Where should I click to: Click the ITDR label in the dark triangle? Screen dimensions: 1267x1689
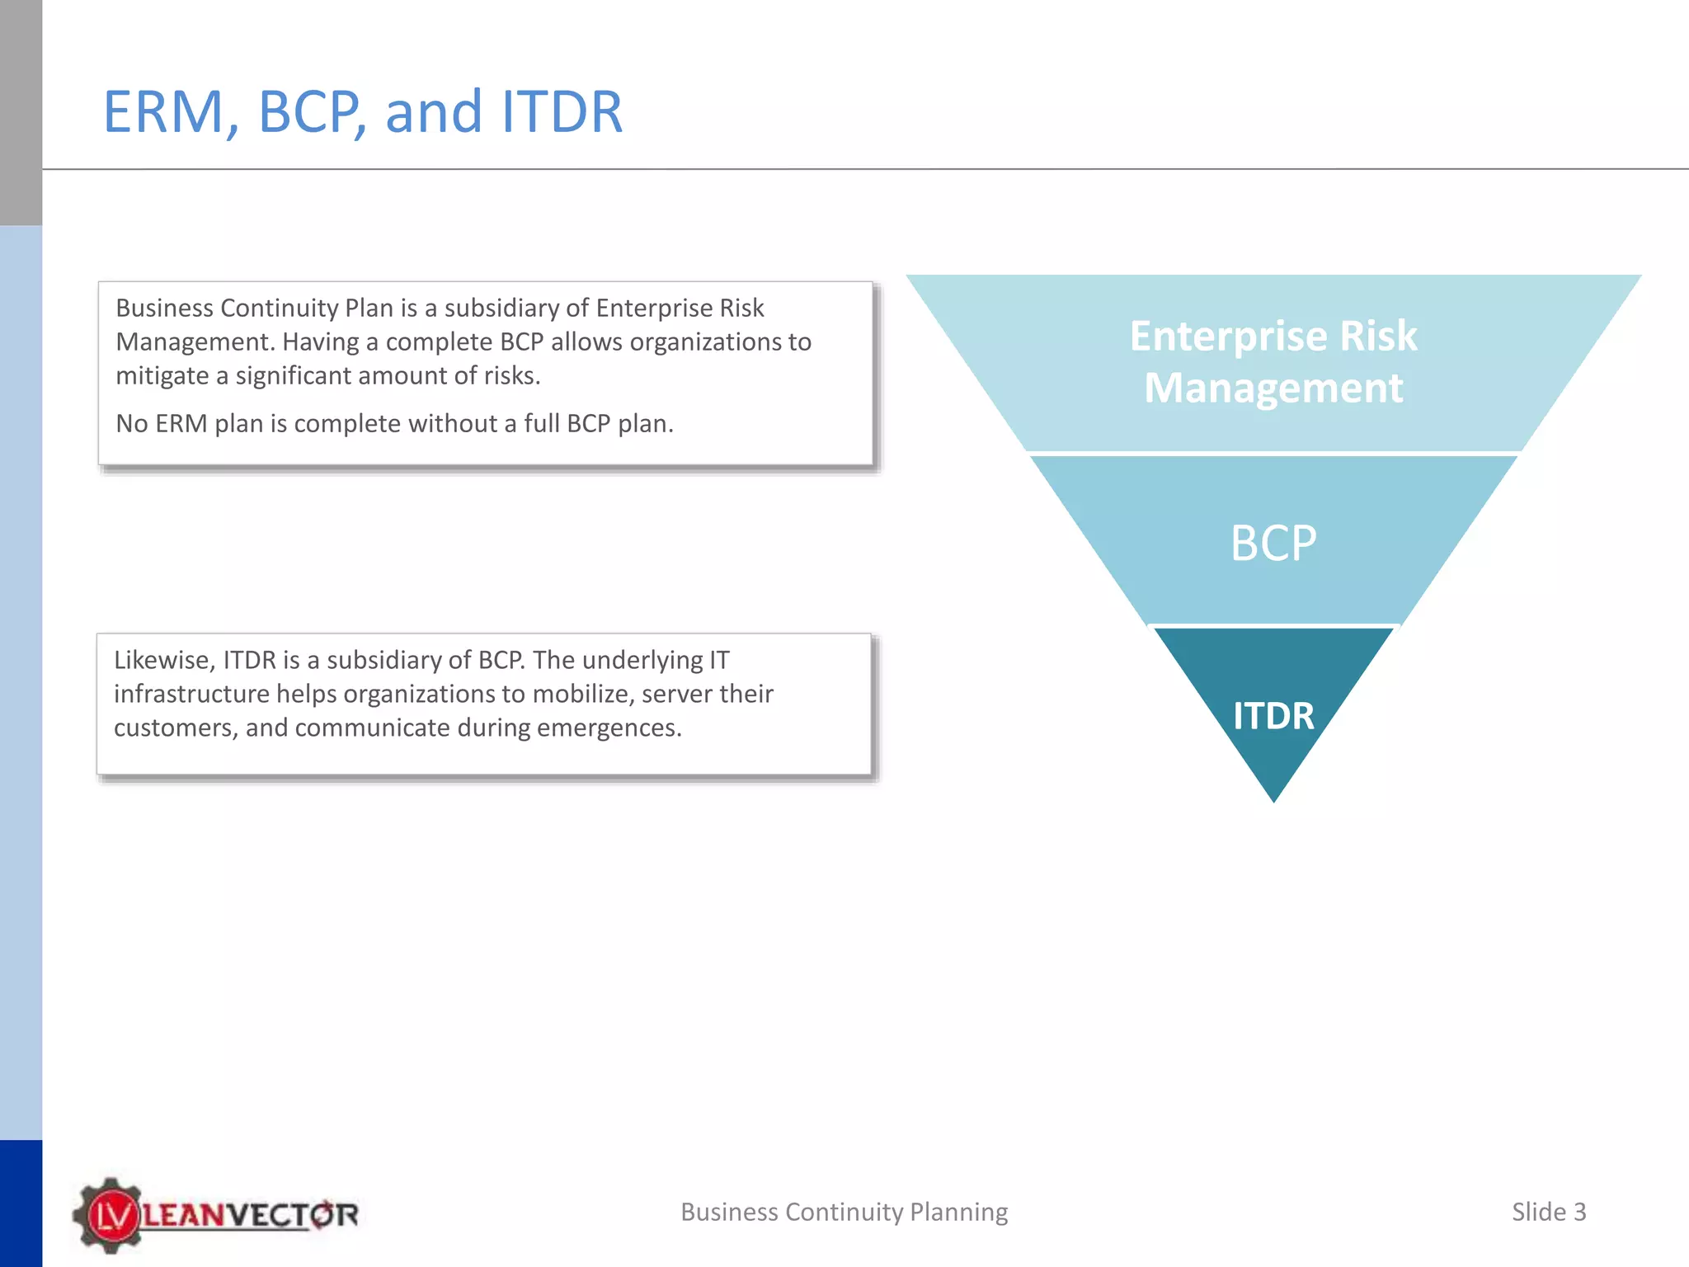tap(1273, 716)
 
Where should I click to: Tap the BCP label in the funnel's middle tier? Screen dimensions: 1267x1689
tap(1273, 544)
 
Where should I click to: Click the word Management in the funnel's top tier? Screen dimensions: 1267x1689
tap(1273, 388)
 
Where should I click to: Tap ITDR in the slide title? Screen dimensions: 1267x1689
tap(562, 111)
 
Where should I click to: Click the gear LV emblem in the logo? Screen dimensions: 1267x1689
tap(110, 1215)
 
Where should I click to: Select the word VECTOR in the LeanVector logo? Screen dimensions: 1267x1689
tap(292, 1215)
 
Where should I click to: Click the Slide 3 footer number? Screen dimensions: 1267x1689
tap(1548, 1212)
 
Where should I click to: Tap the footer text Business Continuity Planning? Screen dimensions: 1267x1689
tap(844, 1212)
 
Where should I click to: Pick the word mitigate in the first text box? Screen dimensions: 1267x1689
tap(162, 376)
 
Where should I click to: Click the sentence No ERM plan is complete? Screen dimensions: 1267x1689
tap(394, 424)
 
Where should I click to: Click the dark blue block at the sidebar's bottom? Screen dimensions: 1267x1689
tap(21, 1203)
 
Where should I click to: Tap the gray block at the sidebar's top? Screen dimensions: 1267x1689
tap(21, 111)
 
